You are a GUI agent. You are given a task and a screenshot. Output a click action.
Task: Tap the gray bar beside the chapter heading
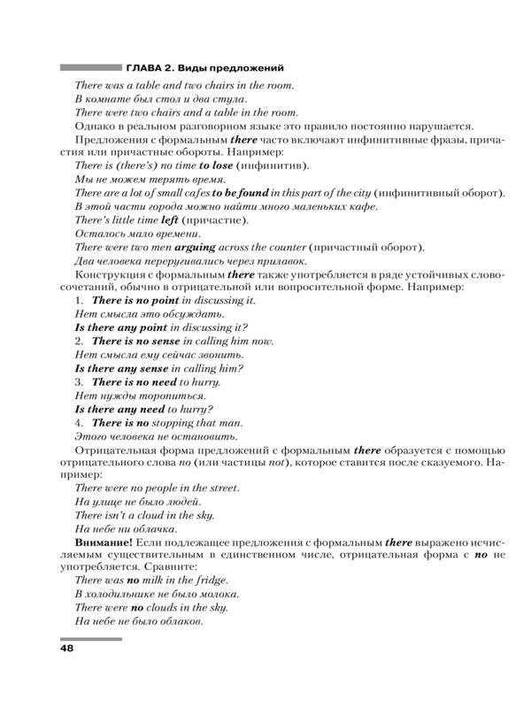click(89, 67)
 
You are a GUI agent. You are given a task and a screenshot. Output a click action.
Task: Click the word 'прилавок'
click(279, 261)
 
